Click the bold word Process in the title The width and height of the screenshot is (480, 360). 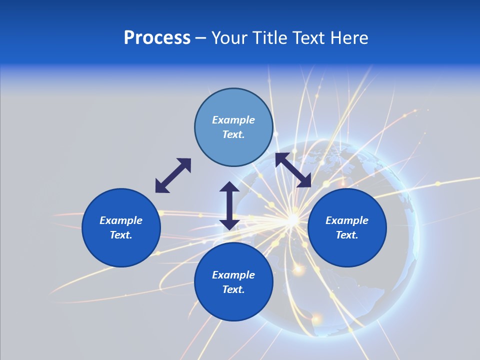coord(157,38)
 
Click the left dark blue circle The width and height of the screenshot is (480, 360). coord(121,227)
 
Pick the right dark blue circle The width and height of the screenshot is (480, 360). coord(347,227)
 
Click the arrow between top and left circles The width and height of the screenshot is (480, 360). coord(173,175)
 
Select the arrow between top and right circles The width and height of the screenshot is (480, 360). coord(293,170)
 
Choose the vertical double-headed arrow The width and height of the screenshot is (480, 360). coord(229,205)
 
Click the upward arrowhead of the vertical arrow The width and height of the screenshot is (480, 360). coord(229,187)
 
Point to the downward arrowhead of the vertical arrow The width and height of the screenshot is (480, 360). coord(229,224)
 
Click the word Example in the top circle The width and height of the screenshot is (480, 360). coord(233,120)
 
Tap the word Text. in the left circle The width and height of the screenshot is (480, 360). coord(121,235)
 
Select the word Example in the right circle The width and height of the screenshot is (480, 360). coord(347,220)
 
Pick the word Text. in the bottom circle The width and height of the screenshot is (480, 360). coord(233,289)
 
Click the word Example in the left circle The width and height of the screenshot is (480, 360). coord(121,220)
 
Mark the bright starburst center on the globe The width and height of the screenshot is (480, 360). coord(291,218)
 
